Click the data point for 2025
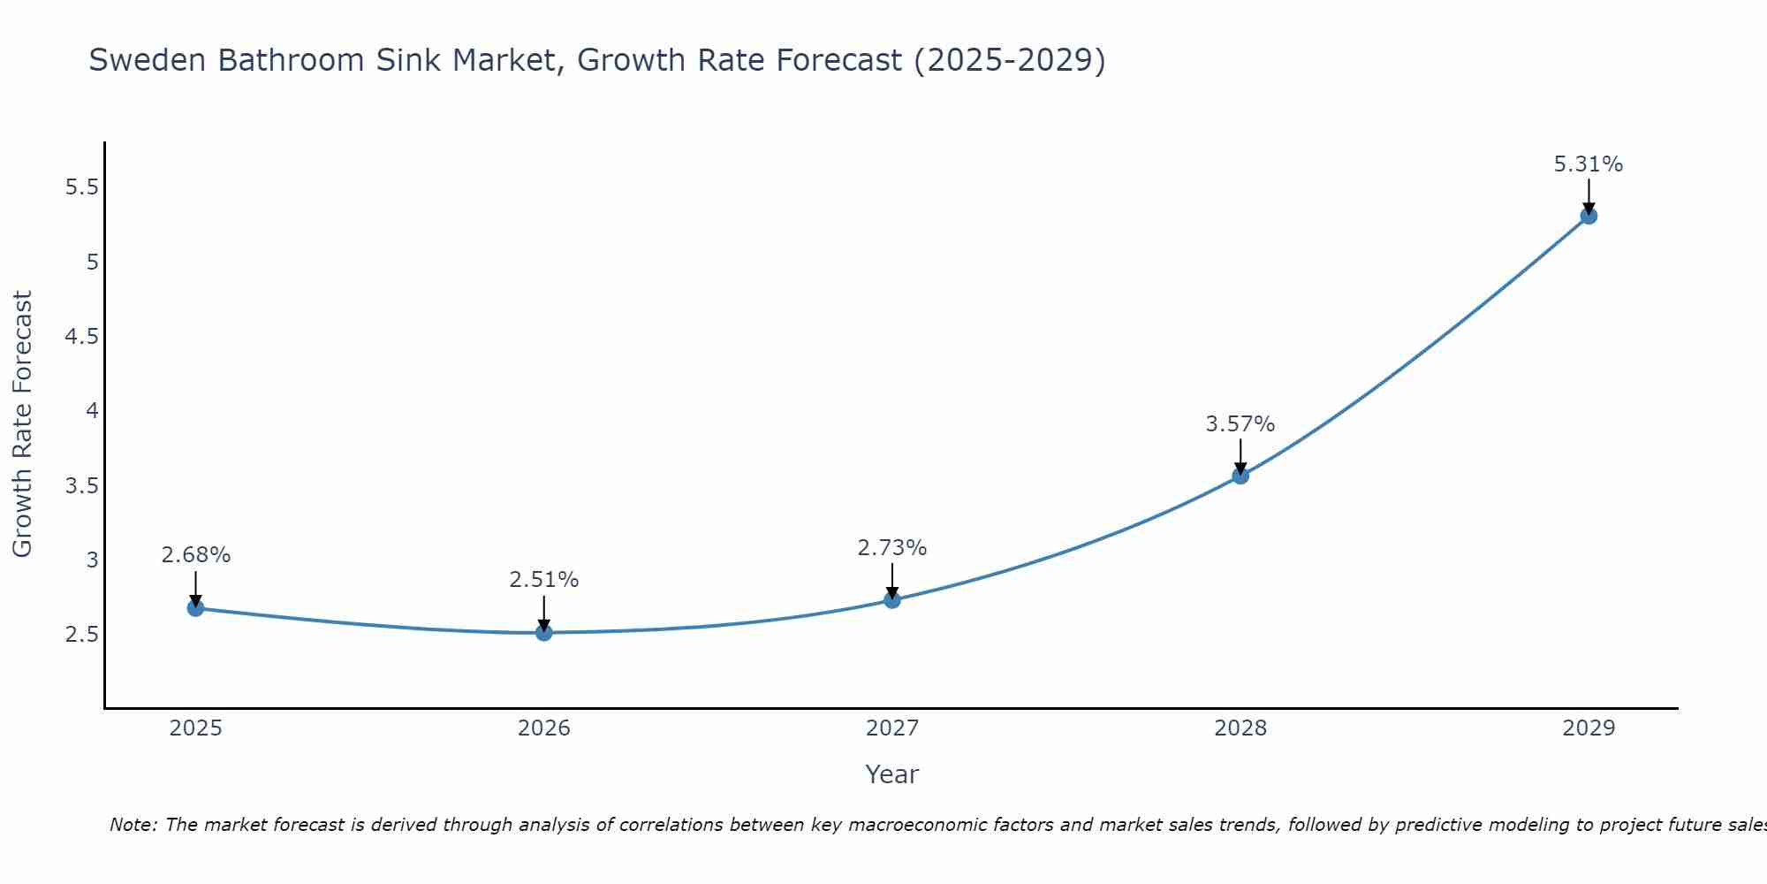(195, 608)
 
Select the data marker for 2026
(543, 633)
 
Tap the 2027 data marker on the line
(891, 600)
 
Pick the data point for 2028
(1240, 476)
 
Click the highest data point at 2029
(1588, 216)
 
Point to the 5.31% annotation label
(1588, 164)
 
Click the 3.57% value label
(1240, 424)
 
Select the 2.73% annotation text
(891, 548)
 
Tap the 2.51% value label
(543, 580)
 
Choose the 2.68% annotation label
(195, 555)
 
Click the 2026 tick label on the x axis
(543, 728)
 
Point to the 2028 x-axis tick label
(1240, 728)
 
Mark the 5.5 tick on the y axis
(81, 187)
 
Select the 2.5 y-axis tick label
(81, 635)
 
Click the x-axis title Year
(891, 774)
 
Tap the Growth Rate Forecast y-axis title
(22, 424)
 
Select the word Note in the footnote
(133, 825)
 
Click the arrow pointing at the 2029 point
(1588, 194)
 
